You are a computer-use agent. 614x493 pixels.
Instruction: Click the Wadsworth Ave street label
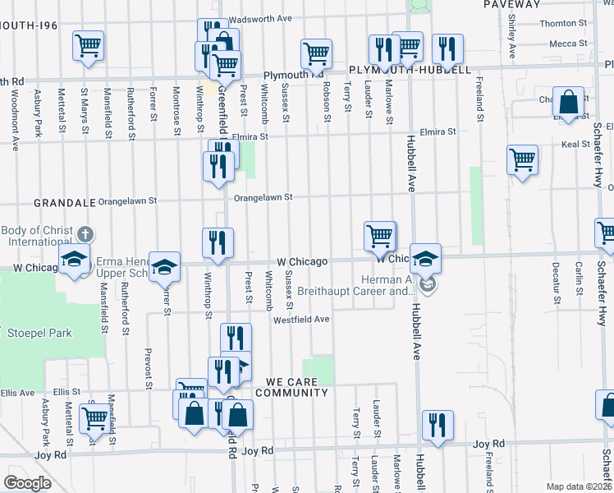coord(262,18)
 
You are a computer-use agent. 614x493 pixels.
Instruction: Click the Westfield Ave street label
coord(301,320)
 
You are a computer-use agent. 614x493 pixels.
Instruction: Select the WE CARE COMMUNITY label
coord(291,387)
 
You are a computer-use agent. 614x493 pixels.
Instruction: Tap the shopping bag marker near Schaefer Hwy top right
coord(568,102)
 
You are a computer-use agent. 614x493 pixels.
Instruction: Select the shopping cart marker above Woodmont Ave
coord(88,45)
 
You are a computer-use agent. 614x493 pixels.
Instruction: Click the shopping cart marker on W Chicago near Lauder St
coord(379,236)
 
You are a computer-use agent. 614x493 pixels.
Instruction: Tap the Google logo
coord(27,482)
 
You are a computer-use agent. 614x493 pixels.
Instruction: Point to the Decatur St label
coord(556,283)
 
